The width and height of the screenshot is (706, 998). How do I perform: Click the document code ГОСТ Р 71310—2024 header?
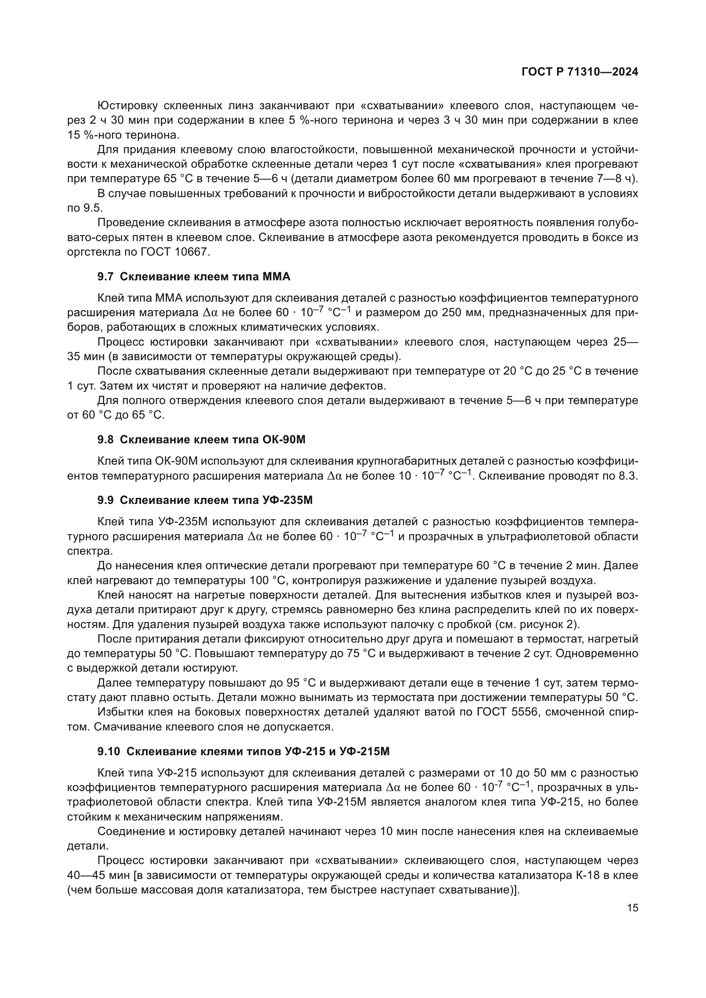[580, 73]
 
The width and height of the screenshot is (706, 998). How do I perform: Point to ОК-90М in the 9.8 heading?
[284, 439]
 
